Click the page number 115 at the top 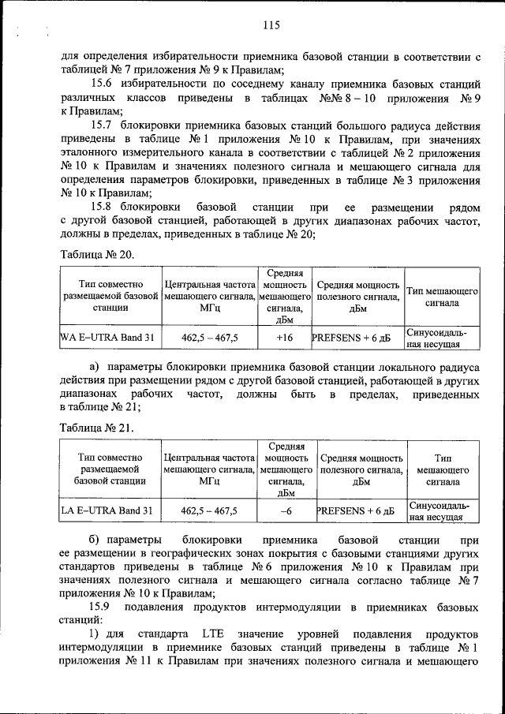(271, 25)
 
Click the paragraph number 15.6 (103, 84)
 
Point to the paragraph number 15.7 (103, 125)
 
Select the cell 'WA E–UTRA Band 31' (108, 338)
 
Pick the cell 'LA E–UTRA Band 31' (108, 510)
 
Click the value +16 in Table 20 (284, 338)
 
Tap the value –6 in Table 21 (284, 510)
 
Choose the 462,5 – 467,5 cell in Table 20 (209, 338)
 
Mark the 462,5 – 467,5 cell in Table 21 (209, 510)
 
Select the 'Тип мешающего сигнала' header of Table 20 (442, 297)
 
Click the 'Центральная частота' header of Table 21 (209, 458)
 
